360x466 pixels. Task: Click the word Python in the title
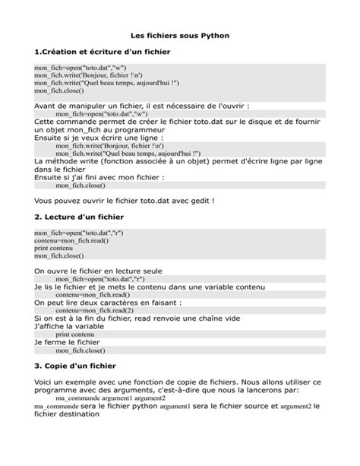click(213, 35)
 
